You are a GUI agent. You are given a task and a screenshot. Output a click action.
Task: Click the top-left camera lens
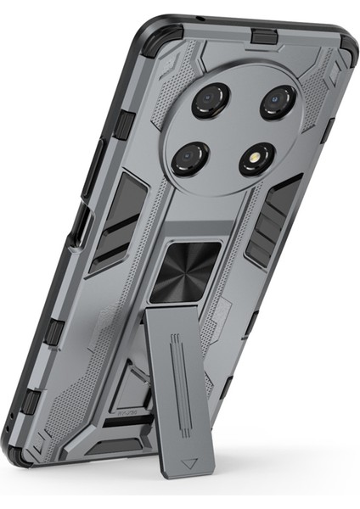[208, 100]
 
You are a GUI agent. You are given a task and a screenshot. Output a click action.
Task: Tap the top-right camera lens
[276, 103]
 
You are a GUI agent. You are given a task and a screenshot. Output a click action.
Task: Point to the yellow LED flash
[256, 159]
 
